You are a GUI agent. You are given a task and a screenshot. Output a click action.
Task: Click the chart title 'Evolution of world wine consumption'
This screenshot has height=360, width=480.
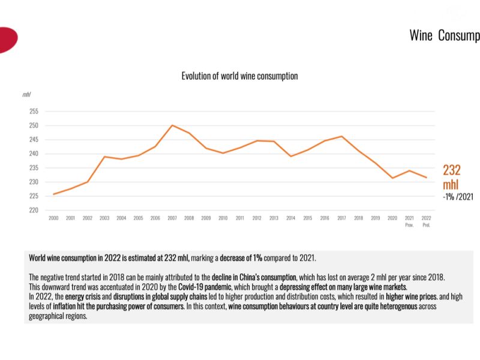[x=239, y=76]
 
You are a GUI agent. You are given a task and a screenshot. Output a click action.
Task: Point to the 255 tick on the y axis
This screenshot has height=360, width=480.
[x=33, y=112]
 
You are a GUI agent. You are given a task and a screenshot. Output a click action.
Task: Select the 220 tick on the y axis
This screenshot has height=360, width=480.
[x=33, y=210]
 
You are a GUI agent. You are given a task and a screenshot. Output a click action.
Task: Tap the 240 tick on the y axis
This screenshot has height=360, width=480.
[x=33, y=154]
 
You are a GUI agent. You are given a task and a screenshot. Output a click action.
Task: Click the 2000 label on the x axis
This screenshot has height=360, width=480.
[x=53, y=218]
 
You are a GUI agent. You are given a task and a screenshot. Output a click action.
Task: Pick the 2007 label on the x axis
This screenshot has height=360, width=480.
[x=172, y=218]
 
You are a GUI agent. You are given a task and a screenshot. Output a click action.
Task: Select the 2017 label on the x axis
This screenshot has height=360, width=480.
[x=341, y=218]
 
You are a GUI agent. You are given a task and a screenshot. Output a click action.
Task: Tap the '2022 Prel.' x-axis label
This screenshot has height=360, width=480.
[x=426, y=221]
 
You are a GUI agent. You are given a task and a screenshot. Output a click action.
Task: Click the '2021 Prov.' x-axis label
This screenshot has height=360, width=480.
[x=409, y=221]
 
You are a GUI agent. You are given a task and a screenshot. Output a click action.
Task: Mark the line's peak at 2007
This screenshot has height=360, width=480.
[x=172, y=125]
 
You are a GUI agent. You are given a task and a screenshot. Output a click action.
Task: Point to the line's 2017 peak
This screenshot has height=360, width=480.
[x=341, y=136]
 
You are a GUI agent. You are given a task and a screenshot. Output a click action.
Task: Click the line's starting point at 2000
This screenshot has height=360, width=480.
[x=54, y=194]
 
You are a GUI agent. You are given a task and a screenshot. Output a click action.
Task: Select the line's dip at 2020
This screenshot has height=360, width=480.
[x=392, y=178]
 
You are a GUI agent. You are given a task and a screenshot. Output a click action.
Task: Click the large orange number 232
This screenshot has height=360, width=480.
[x=452, y=170]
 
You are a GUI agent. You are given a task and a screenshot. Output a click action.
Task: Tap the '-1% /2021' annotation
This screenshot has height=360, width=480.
[x=457, y=196]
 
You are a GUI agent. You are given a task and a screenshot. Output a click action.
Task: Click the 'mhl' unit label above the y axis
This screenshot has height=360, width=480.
[x=26, y=94]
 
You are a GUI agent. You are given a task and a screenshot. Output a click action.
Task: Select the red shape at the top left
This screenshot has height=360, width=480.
[x=7, y=40]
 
